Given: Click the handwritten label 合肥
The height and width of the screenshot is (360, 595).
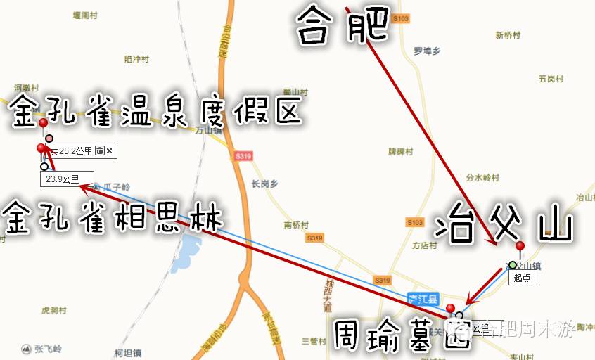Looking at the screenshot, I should point(343,25).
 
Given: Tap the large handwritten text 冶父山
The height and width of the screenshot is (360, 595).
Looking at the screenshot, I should point(502,224).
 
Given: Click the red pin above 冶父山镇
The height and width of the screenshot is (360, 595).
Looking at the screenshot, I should point(520,246).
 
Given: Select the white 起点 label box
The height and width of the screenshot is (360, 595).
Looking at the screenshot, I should point(523,278).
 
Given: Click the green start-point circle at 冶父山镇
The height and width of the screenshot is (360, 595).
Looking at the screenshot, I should point(513,265).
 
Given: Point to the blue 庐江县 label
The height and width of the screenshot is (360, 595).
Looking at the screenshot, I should point(423,298).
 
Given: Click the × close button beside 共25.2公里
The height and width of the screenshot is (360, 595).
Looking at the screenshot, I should point(110,150).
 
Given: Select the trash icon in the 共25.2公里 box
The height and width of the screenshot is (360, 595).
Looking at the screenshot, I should point(100,150).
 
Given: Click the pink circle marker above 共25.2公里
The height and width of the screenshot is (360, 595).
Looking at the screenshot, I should point(49,139).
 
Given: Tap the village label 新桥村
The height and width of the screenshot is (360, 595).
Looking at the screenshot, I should point(507,34).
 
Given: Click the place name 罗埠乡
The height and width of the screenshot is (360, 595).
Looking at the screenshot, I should point(427,51).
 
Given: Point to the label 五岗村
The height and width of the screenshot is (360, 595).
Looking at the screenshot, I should point(551,79).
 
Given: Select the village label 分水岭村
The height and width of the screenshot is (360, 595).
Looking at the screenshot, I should point(482,178).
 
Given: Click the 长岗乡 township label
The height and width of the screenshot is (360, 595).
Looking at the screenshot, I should point(264,184).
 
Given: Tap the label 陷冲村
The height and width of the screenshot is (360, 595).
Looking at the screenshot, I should point(136,59).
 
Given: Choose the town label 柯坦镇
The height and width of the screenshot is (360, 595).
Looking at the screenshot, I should point(128,352).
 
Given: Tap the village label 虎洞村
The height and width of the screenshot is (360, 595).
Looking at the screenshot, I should point(54,310).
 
